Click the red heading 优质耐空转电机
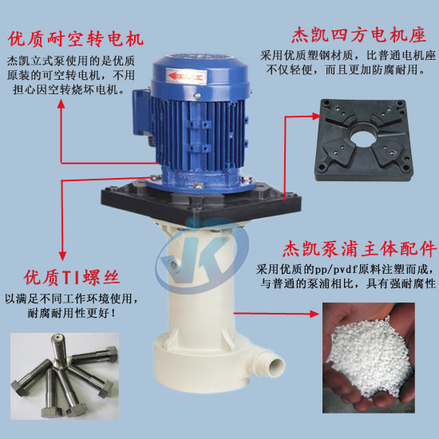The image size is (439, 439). click(76, 39)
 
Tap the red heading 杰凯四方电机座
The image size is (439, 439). click(358, 36)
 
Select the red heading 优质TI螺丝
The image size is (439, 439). click(72, 278)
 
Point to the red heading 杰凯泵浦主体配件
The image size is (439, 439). click(360, 249)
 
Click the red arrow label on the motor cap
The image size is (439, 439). click(186, 76)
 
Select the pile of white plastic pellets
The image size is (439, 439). click(370, 358)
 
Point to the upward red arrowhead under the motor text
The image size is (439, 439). click(61, 105)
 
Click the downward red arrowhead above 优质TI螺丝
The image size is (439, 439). click(62, 256)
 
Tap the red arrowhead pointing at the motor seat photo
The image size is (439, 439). click(316, 117)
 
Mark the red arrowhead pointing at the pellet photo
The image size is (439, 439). click(314, 314)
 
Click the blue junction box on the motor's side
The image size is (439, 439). click(141, 113)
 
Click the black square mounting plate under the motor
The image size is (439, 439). click(201, 200)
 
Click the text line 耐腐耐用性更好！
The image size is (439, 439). click(71, 314)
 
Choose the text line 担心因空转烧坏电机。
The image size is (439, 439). click(69, 90)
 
